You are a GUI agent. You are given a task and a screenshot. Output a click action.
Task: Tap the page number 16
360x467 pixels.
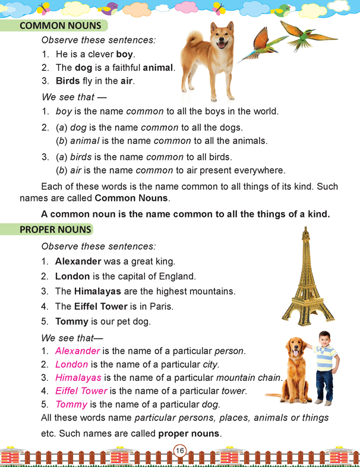[180, 451]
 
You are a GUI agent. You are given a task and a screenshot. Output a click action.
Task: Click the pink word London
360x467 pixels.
[71, 364]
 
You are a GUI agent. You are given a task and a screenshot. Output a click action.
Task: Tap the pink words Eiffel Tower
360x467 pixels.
[81, 390]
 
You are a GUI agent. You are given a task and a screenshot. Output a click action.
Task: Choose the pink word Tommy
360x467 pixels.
[71, 404]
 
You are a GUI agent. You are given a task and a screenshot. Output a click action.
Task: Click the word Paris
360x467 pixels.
[176, 307]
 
